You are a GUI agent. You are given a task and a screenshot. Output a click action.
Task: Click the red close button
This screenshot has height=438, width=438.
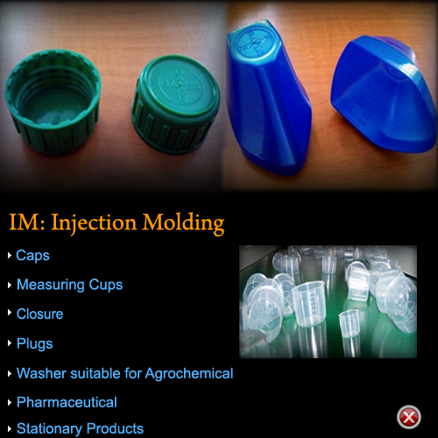click(409, 417)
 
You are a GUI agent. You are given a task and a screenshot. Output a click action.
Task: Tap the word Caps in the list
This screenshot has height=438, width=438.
click(32, 256)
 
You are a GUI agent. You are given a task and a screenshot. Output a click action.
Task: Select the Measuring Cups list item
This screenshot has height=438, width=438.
click(69, 285)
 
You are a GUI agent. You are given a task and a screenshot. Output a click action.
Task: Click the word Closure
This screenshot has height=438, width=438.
click(39, 314)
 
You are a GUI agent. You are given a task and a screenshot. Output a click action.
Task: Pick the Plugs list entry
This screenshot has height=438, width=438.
click(35, 344)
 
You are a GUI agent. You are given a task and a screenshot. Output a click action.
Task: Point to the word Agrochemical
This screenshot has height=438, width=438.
click(189, 374)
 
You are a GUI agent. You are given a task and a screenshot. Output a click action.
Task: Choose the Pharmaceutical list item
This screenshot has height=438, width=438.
click(67, 402)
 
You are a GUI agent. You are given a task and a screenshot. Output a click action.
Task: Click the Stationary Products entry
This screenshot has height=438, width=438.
click(80, 429)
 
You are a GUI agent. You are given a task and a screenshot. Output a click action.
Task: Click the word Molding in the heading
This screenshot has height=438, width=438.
click(183, 223)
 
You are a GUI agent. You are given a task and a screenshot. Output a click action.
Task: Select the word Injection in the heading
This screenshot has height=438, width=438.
click(94, 223)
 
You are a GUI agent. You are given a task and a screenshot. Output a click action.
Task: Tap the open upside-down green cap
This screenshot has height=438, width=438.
click(53, 101)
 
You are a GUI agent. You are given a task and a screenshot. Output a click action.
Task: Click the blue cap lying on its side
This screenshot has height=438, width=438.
click(384, 94)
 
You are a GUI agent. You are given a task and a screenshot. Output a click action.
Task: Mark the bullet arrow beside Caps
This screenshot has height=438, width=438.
click(10, 256)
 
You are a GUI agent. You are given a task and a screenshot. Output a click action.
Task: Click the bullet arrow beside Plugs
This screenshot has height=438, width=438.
click(10, 343)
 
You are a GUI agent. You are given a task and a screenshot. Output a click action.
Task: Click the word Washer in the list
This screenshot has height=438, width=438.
click(42, 373)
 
